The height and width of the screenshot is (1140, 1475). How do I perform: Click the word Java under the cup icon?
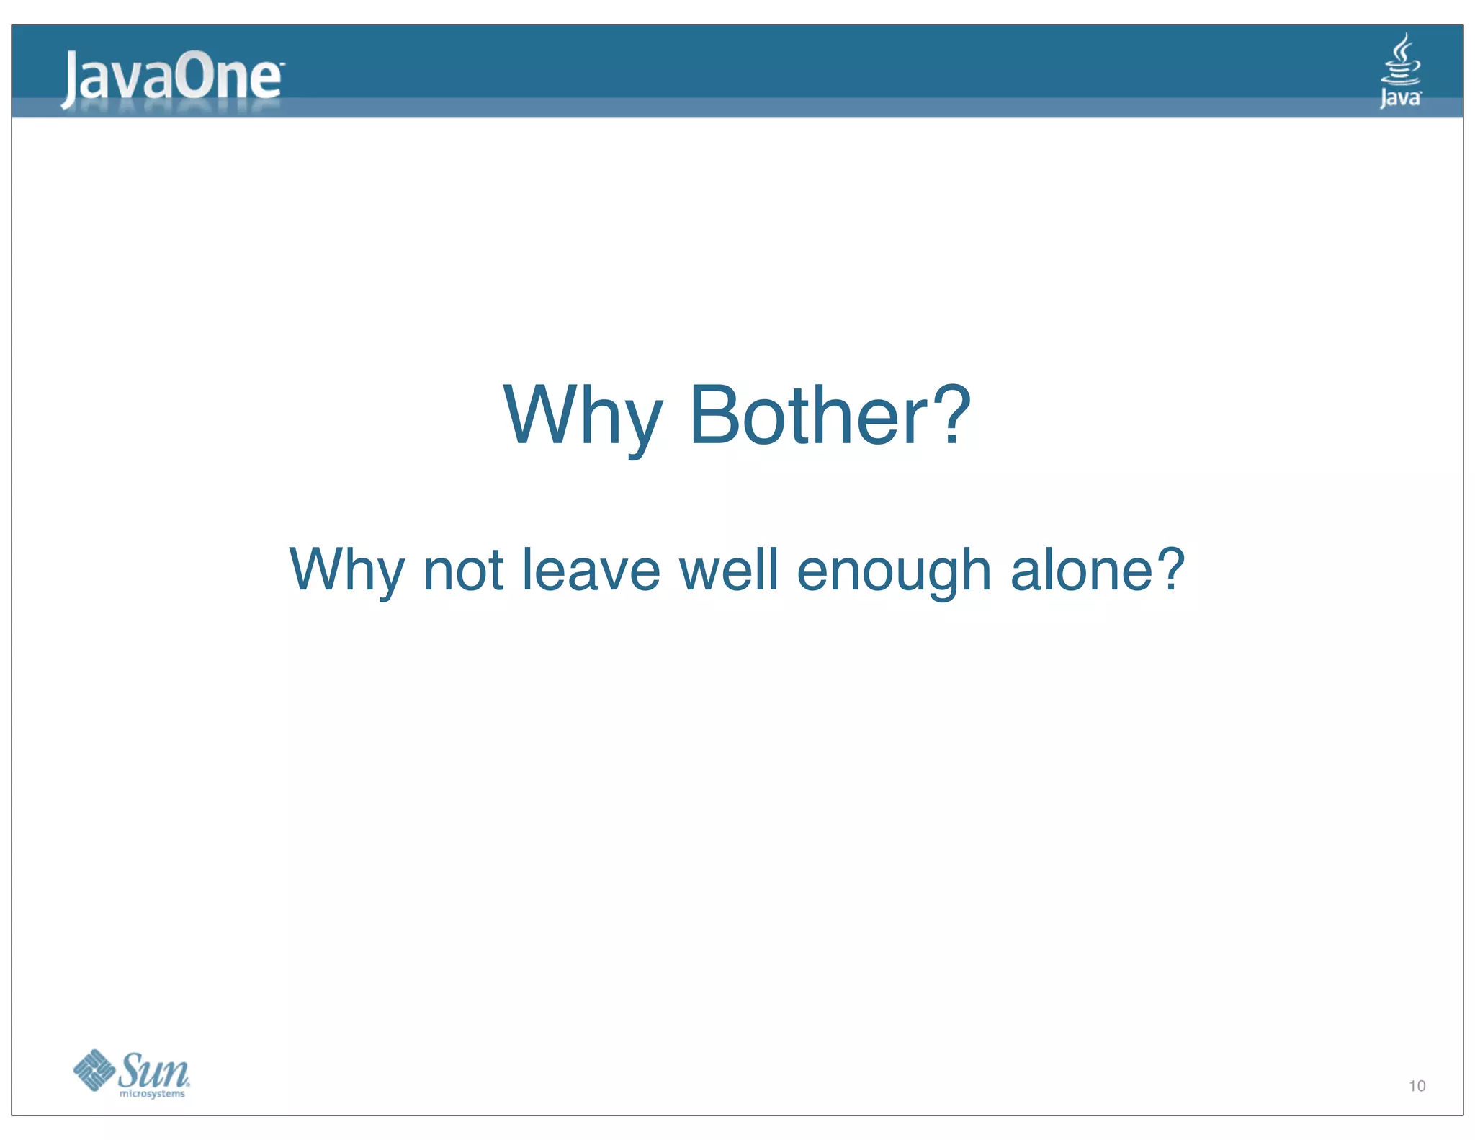pyautogui.click(x=1400, y=97)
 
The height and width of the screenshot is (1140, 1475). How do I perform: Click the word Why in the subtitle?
pyautogui.click(x=346, y=570)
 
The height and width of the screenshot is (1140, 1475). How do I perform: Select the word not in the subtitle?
pyautogui.click(x=462, y=570)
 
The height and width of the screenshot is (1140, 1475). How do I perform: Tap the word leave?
pyautogui.click(x=591, y=569)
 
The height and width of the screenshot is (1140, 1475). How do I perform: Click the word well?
pyautogui.click(x=729, y=569)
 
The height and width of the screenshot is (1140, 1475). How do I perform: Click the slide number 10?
pyautogui.click(x=1417, y=1086)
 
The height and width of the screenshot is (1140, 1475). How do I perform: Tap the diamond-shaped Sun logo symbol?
pyautogui.click(x=94, y=1070)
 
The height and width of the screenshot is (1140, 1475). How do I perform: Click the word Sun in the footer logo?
pyautogui.click(x=153, y=1071)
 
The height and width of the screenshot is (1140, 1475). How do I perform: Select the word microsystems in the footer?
pyautogui.click(x=152, y=1094)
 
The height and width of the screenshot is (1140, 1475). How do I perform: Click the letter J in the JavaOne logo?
pyautogui.click(x=71, y=79)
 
